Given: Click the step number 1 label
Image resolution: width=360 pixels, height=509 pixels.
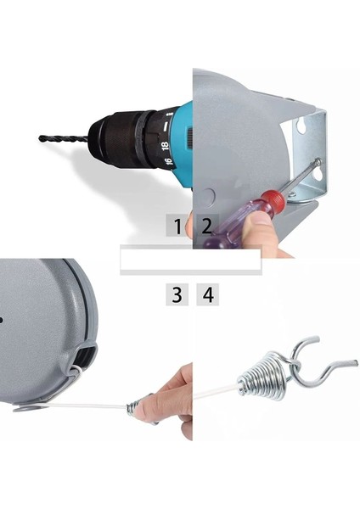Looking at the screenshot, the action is (x=177, y=227).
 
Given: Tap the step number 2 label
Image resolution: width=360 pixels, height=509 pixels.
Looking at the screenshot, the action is (x=207, y=226).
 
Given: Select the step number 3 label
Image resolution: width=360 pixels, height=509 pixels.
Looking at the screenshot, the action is (x=177, y=294).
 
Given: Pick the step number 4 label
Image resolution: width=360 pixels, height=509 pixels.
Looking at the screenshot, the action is (x=208, y=294).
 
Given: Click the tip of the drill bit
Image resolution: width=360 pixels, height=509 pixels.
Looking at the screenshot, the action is (x=40, y=138).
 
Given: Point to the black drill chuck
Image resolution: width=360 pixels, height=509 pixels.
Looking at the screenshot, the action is (x=123, y=138).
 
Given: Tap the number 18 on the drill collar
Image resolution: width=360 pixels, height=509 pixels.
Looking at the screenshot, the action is (x=166, y=146).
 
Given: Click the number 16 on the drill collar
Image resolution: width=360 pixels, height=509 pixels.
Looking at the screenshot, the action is (x=168, y=161).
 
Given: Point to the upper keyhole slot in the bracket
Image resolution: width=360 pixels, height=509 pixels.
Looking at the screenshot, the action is (x=302, y=126).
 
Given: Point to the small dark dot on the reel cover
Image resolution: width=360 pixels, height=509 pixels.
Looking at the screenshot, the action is (x=1, y=321).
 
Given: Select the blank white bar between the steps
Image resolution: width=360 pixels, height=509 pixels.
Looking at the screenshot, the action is (x=191, y=260).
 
